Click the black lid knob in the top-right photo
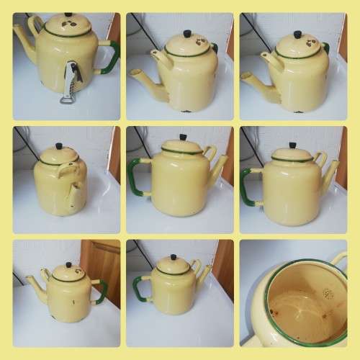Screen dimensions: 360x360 coord(297,34)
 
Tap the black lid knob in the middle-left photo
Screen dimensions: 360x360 coord(60,147)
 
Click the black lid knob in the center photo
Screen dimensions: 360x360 coord(183,137)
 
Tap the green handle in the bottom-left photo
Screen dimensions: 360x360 coord(102,291)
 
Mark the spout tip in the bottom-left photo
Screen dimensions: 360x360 coord(28,279)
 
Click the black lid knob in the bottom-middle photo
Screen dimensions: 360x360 coord(173,257)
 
